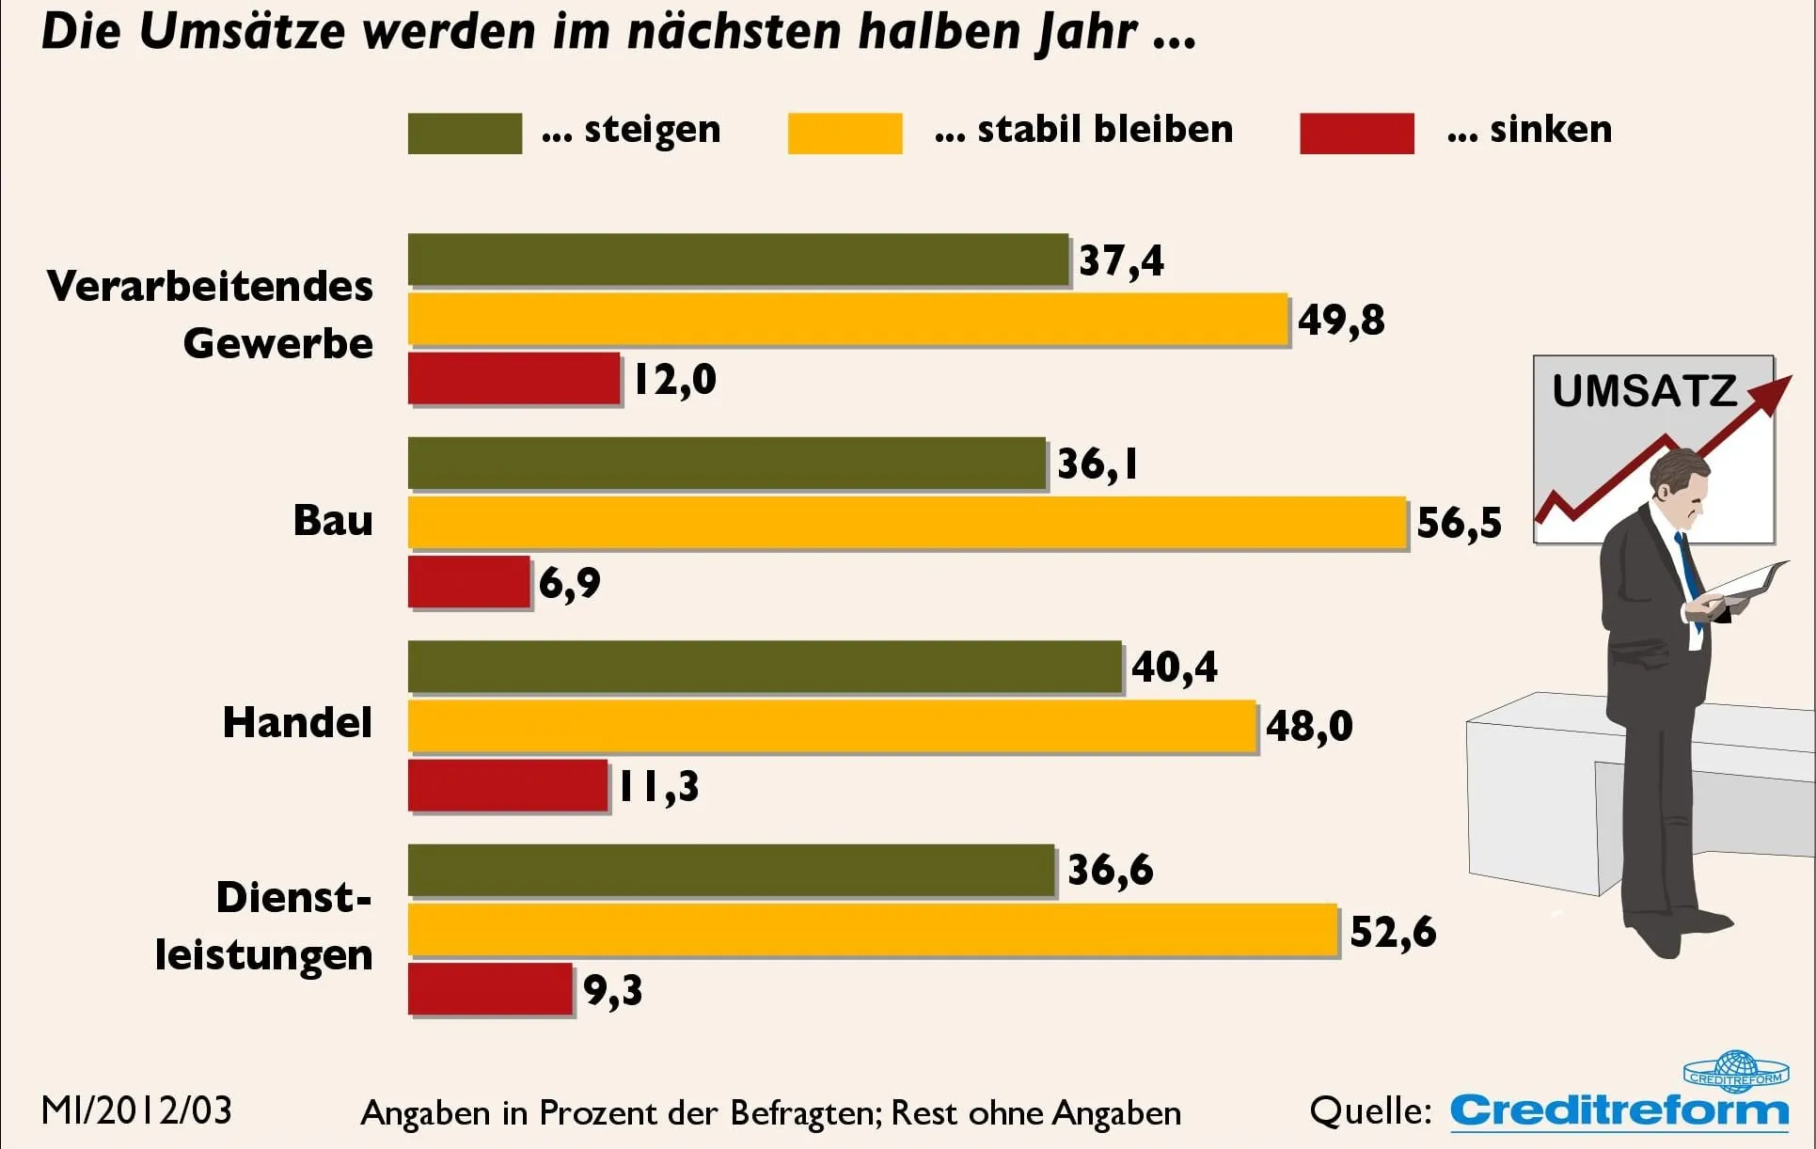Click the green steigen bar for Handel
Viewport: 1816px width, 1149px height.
tap(765, 667)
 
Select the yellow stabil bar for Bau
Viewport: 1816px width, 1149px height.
tap(907, 522)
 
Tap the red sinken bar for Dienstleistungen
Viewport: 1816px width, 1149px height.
tap(490, 988)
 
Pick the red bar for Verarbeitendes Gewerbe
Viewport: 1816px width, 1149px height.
tap(513, 378)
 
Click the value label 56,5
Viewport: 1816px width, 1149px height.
tap(1459, 523)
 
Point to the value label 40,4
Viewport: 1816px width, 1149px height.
tap(1174, 667)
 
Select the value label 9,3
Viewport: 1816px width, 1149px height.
tap(612, 990)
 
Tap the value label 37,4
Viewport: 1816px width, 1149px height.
tap(1121, 260)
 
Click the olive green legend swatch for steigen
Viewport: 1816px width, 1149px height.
tap(465, 133)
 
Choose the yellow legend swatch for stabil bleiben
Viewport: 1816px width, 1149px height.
tap(845, 133)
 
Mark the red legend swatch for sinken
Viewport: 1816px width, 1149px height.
tap(1356, 133)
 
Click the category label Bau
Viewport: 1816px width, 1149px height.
tap(333, 520)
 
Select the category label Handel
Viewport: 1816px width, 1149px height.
tap(297, 722)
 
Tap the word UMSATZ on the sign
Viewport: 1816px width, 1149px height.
tap(1644, 391)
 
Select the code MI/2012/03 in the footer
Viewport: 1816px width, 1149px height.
tap(136, 1110)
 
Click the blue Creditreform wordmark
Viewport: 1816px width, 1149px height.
tap(1619, 1111)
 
